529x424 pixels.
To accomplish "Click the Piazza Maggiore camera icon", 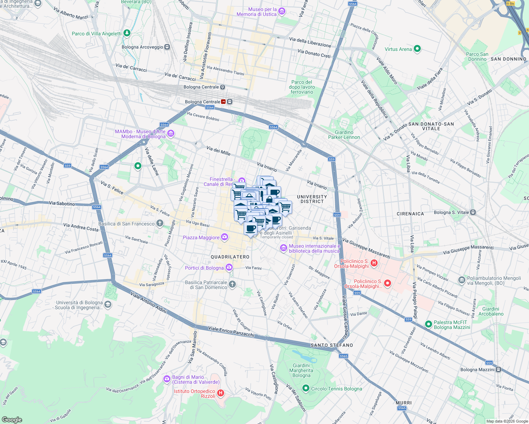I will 225,237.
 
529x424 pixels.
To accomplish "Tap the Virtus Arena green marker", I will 417,49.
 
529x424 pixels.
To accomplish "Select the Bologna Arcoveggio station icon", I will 167,47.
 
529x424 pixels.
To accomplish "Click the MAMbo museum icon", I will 171,134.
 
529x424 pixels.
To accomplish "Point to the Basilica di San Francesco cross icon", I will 160,223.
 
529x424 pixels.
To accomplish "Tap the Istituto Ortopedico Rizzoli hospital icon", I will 221,393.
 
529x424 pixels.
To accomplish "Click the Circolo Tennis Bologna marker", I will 306,389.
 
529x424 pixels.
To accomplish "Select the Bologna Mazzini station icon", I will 498,370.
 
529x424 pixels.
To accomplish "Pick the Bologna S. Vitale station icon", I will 473,212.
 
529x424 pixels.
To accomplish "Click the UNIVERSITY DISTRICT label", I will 312,199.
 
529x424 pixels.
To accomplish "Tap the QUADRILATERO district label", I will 230,257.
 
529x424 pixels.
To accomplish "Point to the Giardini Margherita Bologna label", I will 301,370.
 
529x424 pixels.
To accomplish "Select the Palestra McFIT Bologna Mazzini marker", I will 429,324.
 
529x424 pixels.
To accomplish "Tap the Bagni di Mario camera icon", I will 167,379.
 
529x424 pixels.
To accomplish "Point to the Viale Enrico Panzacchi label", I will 231,331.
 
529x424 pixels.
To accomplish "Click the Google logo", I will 12,419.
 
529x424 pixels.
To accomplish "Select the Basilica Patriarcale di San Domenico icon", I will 232,284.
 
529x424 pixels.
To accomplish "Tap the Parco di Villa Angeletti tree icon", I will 127,33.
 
